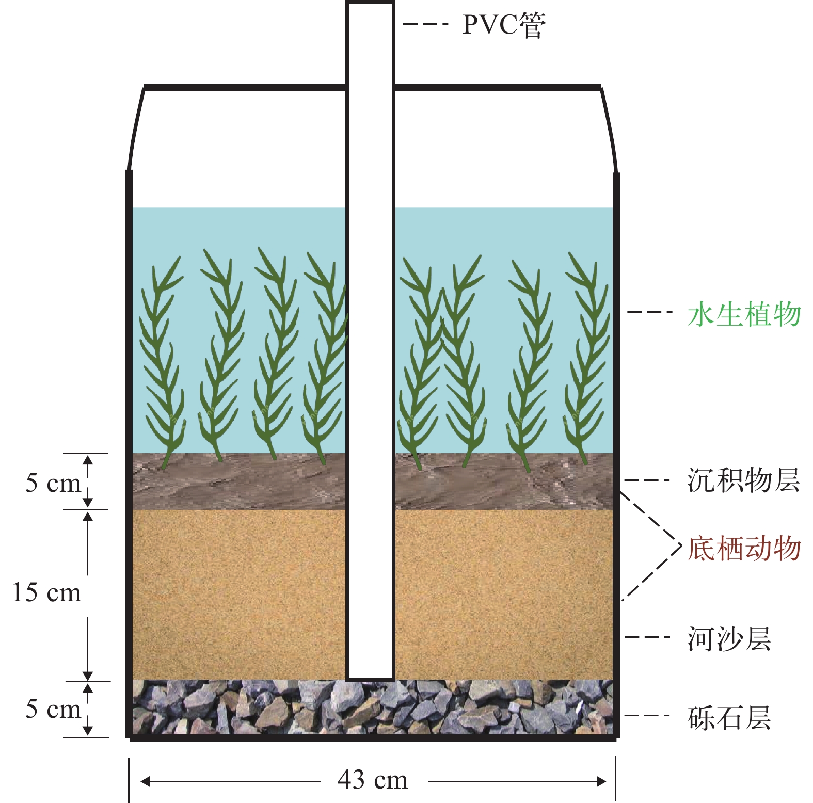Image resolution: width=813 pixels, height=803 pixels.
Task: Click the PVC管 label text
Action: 503,25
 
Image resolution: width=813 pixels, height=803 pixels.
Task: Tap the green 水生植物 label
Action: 744,314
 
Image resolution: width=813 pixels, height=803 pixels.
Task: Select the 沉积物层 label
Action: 743,480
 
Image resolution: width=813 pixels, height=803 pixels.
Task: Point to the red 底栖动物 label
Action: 744,548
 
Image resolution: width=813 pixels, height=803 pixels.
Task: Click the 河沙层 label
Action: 729,639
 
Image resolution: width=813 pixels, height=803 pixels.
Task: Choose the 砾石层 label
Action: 729,718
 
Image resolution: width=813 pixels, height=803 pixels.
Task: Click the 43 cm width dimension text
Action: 373,779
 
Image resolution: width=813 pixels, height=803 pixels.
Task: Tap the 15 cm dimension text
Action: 46,592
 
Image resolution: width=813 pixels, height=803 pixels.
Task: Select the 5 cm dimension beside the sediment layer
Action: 53,483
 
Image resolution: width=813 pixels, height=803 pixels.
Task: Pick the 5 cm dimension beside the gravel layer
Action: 53,709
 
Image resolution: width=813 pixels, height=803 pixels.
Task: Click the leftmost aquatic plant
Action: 163,361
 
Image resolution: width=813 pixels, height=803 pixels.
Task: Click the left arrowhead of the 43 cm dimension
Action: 145,782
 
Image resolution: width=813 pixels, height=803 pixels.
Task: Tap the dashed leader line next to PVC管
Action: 425,24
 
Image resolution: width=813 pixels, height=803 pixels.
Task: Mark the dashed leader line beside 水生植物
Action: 650,312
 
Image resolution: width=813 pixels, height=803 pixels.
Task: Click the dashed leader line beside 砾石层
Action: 647,715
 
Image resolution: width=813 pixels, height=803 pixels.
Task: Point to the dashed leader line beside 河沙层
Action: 647,637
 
